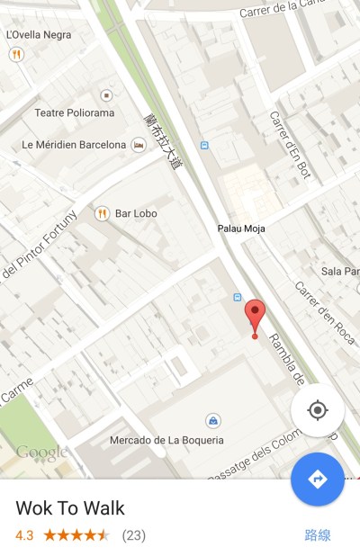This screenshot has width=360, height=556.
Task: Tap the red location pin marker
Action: pyautogui.click(x=255, y=316)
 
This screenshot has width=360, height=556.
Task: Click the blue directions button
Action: pyautogui.click(x=317, y=479)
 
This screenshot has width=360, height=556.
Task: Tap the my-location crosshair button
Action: pyautogui.click(x=317, y=410)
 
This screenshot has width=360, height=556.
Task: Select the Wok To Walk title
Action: pyautogui.click(x=70, y=507)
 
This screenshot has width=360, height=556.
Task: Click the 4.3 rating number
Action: pyautogui.click(x=24, y=535)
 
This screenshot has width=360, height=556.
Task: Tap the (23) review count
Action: pyautogui.click(x=133, y=535)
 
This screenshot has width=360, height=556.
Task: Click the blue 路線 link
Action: pyautogui.click(x=318, y=535)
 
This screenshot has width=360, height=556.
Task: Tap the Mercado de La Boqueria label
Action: pyautogui.click(x=166, y=440)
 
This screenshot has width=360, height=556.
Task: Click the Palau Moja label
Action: pyautogui.click(x=241, y=229)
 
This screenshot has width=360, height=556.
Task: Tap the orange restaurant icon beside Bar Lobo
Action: pyautogui.click(x=102, y=213)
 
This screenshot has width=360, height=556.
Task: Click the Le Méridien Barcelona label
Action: pyautogui.click(x=74, y=145)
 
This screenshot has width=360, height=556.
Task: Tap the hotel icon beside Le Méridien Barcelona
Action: pyautogui.click(x=139, y=145)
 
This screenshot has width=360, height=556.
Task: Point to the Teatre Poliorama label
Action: pyautogui.click(x=75, y=113)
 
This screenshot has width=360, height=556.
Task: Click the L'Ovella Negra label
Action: pyautogui.click(x=39, y=35)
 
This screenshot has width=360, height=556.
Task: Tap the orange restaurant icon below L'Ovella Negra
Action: pyautogui.click(x=16, y=54)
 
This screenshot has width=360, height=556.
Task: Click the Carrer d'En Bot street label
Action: pyautogui.click(x=289, y=144)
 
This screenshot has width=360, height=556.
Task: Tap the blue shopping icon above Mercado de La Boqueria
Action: pyautogui.click(x=212, y=420)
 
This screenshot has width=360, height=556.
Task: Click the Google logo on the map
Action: pyautogui.click(x=41, y=452)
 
